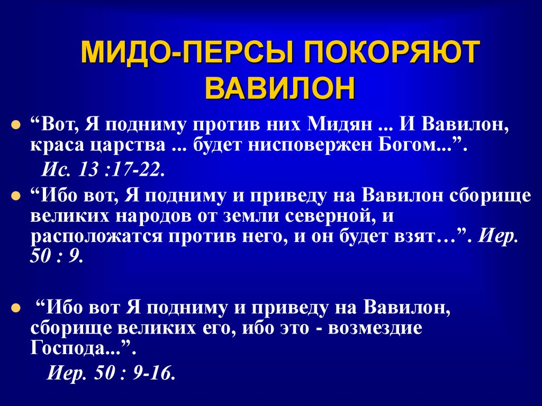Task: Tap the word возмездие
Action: [x=375, y=328]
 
